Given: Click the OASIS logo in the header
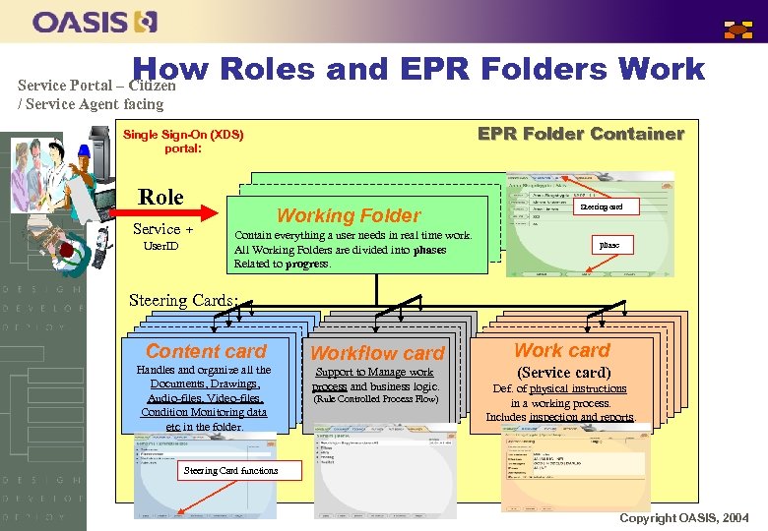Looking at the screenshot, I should (95, 21).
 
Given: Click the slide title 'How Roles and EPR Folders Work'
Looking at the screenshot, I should (418, 68).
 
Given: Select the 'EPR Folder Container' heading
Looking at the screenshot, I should (580, 134).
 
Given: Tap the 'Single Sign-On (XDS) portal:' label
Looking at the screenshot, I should (183, 142).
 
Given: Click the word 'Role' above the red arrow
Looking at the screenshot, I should (160, 197).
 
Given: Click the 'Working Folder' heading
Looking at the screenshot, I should (349, 214).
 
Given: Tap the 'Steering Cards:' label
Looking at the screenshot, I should (184, 300).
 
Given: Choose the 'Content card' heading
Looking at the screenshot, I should (206, 351).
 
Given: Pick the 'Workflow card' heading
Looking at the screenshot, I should (377, 352).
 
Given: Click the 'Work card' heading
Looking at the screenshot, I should (562, 350).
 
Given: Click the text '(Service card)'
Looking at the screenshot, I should (563, 373).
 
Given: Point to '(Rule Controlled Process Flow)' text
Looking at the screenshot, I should (375, 399).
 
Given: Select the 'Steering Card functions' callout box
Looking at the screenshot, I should (231, 470).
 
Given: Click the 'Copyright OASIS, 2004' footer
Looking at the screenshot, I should (683, 517).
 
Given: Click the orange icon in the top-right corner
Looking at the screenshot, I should (738, 29).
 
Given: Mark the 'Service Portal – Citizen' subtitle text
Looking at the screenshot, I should (96, 86).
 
